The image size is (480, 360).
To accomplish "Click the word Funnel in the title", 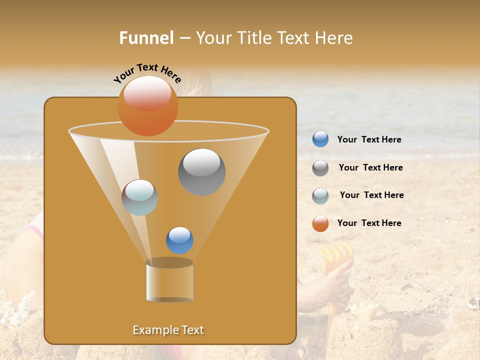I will pos(146,38).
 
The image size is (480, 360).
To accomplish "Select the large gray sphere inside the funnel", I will pos(201,172).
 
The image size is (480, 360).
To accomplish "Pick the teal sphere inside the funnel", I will pos(140,197).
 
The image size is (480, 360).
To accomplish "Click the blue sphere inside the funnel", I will pos(179,240).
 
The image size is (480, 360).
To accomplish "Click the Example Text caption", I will pos(168,330).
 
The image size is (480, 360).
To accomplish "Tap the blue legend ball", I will pos(320,139).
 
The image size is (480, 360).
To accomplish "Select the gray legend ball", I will pos(320,168).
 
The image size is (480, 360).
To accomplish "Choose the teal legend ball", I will pos(320,196).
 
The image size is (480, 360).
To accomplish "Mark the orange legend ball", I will pos(320,223).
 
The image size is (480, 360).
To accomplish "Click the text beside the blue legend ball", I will pos(369,140).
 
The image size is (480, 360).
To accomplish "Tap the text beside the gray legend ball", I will pos(370,168).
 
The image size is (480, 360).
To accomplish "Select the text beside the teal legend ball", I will pos(371,195).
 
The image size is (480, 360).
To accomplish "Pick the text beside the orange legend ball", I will pos(369,223).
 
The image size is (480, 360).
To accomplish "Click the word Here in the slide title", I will pos(334,38).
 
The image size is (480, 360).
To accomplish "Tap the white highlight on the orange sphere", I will pos(147,93).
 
